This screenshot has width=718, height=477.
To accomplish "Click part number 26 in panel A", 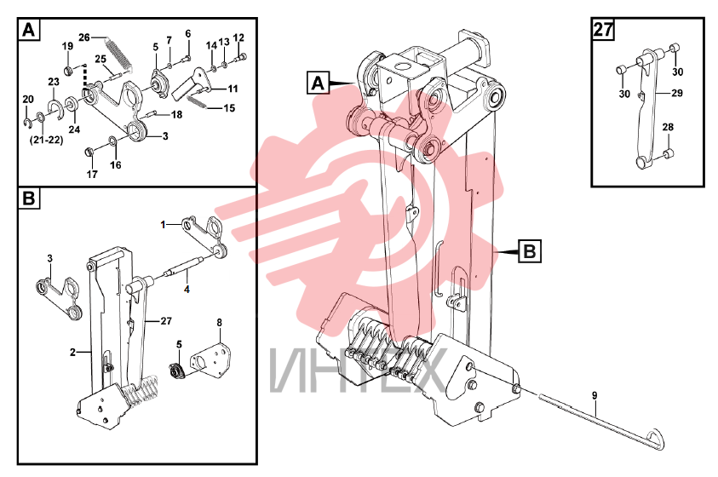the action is tap(83, 37).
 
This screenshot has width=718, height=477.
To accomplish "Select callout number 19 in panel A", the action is tap(67, 46).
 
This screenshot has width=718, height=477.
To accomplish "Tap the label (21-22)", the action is tap(46, 140).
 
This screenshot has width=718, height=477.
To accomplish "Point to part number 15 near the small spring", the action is tap(229, 108).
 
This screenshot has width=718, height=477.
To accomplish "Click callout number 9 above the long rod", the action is tap(595, 395).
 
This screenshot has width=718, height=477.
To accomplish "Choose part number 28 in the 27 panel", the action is tap(668, 127).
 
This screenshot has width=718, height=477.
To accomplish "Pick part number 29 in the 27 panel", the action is tap(677, 93).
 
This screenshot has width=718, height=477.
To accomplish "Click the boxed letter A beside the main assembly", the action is tap(318, 83).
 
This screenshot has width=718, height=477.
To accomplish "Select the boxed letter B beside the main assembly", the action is tap(530, 251).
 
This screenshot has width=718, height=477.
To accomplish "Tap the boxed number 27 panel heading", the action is tap(603, 29).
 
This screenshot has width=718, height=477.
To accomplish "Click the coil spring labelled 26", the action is tap(119, 54).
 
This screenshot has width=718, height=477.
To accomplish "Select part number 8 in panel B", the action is tap(220, 323).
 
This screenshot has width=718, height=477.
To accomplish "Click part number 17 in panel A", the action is tap(92, 174).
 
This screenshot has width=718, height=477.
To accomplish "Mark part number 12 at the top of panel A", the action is tap(238, 37).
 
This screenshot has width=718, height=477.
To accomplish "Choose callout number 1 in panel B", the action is tap(163, 225).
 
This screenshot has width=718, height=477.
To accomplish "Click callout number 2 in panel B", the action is tap(72, 352).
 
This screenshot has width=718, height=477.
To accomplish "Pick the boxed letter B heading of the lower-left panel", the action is tap(29, 198).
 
